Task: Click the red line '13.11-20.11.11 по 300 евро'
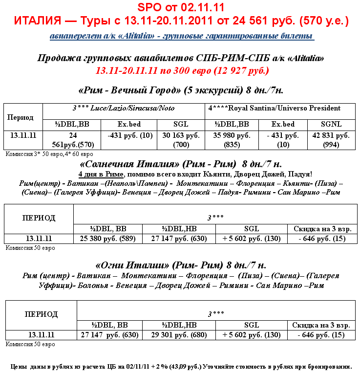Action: [182, 70]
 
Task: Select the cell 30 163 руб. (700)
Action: [180, 140]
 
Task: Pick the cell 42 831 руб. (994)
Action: [332, 140]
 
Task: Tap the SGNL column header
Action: [332, 124]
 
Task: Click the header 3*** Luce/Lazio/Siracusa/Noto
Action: [124, 108]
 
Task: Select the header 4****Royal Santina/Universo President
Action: [280, 108]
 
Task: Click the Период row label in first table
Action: [21, 117]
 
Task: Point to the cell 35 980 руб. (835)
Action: [232, 140]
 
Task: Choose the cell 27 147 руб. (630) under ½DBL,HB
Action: [179, 239]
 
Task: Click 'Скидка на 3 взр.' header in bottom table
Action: [321, 325]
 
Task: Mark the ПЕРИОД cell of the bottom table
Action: [41, 314]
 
